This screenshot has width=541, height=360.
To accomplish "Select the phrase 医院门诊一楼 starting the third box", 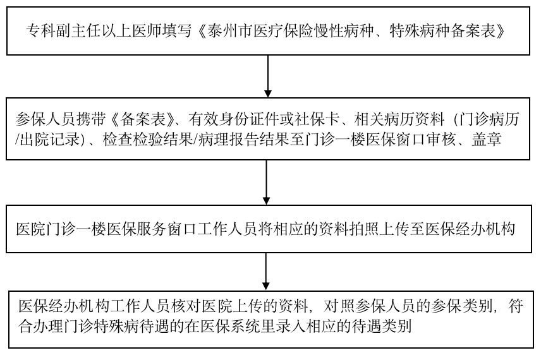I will [54, 229].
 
